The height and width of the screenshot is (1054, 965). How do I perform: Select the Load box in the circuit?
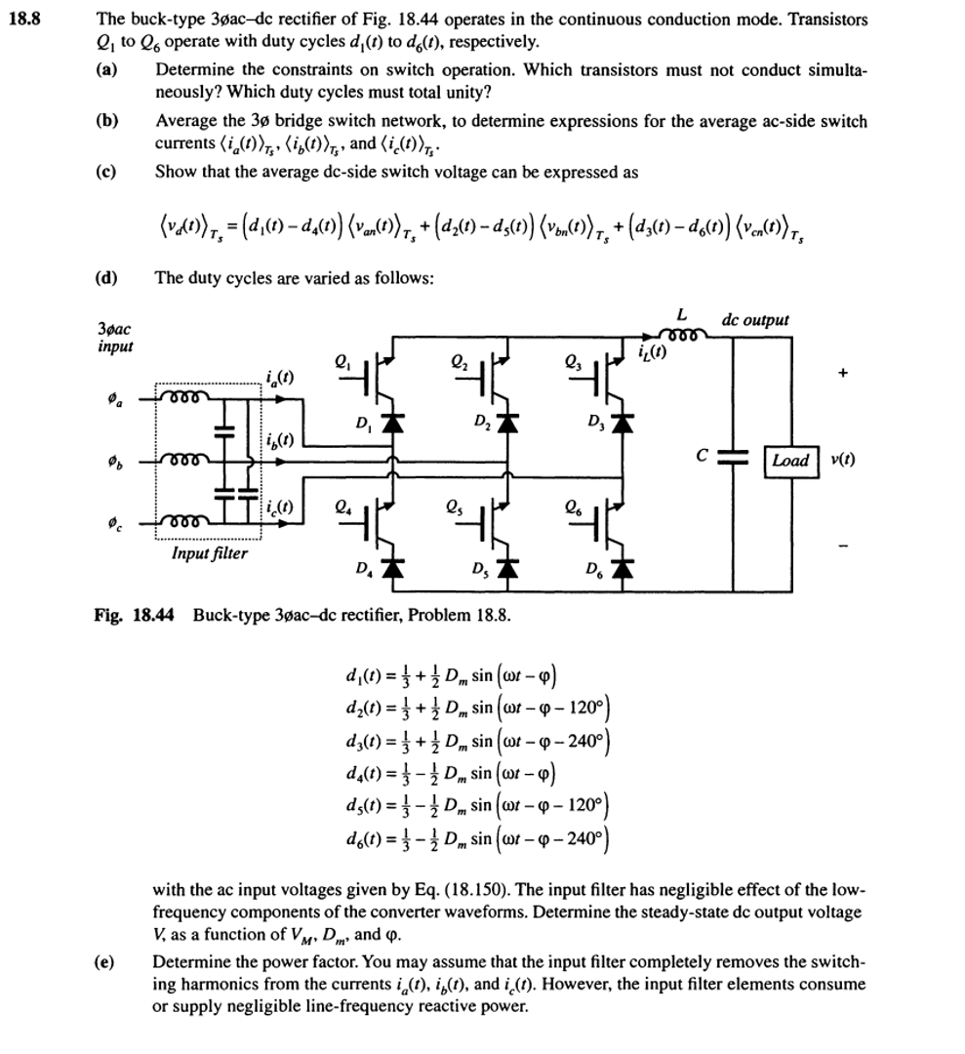tap(790, 460)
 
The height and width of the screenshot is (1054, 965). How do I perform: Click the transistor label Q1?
tap(342, 360)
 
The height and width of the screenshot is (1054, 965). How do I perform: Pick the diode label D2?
tap(482, 422)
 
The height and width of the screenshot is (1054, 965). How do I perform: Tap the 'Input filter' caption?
tap(209, 553)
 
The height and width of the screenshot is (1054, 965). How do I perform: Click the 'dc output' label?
tap(755, 319)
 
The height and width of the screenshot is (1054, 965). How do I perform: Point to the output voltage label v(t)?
tap(844, 460)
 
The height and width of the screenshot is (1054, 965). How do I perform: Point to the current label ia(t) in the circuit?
tap(278, 378)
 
